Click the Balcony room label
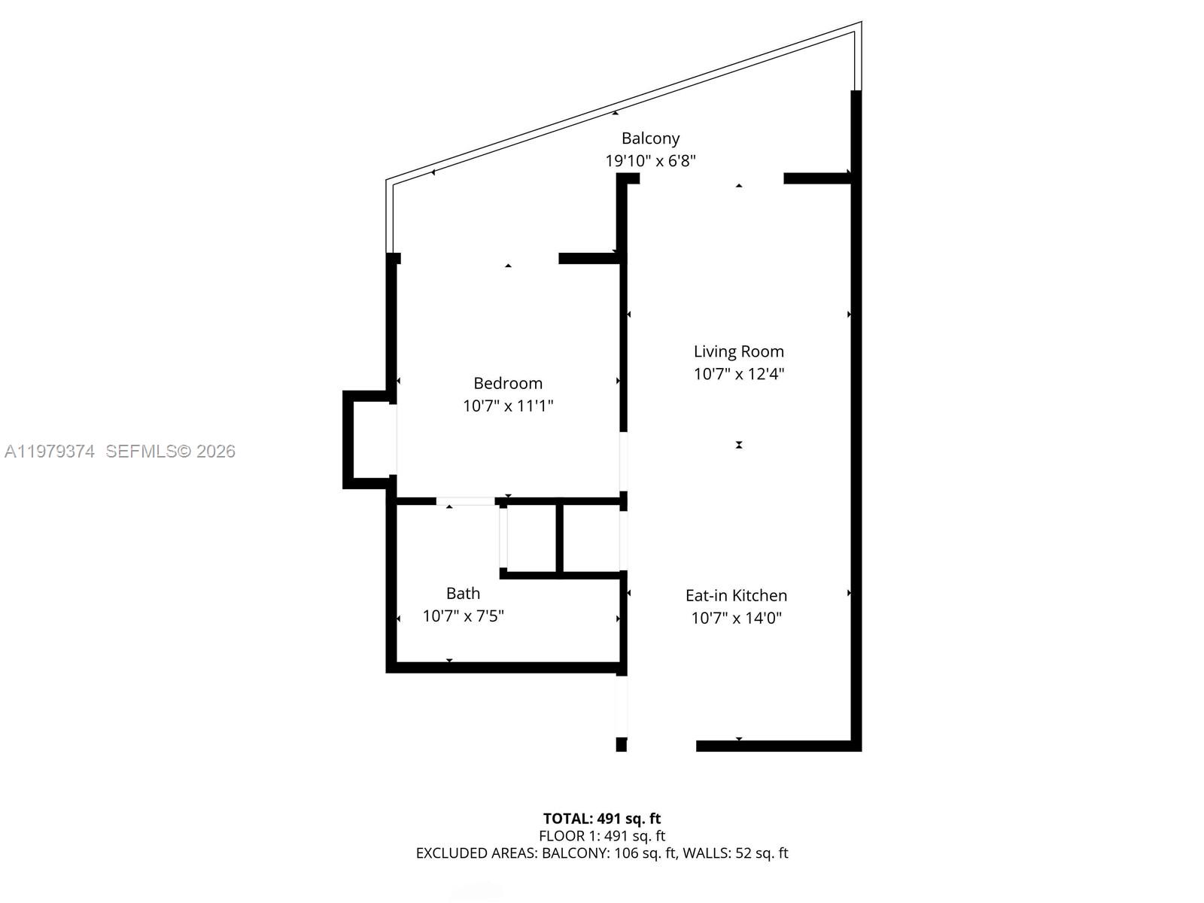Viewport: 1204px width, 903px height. tap(650, 138)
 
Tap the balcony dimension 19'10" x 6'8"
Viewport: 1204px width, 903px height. tap(650, 161)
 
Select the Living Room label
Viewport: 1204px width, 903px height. tap(738, 351)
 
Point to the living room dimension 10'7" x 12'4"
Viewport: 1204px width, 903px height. tap(738, 374)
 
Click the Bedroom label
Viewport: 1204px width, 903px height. tap(508, 383)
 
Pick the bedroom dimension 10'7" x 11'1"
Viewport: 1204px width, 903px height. tap(508, 406)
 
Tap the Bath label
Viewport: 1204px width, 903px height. tap(463, 593)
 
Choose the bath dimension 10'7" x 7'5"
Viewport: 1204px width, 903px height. tap(463, 616)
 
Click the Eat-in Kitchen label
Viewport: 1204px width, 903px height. tap(736, 595)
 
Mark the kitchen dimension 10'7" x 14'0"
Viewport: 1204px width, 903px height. tap(736, 619)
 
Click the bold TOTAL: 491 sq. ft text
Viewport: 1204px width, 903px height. tap(602, 819)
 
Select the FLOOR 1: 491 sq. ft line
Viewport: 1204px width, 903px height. tap(602, 836)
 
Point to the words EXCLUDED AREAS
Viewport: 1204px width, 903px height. tap(476, 853)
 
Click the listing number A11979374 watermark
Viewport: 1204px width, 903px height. tap(50, 451)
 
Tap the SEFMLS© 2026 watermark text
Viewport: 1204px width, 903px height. tap(171, 451)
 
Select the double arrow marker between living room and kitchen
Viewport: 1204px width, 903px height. tap(739, 445)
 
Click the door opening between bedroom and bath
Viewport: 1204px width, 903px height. tap(465, 501)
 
